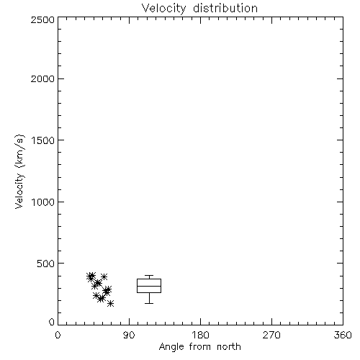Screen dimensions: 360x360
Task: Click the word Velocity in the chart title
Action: [163, 9]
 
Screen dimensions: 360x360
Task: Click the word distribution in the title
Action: [225, 8]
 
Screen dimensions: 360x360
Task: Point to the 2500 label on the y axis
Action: [42, 19]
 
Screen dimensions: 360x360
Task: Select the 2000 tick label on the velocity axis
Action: [42, 78]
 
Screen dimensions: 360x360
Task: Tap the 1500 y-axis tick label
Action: [43, 140]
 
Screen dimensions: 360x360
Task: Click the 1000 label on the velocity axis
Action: [43, 202]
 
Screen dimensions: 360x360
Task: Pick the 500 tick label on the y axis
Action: [46, 264]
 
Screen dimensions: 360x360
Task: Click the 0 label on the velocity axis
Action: [52, 322]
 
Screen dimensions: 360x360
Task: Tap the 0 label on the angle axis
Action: [58, 335]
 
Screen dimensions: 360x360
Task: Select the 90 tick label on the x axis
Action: [129, 335]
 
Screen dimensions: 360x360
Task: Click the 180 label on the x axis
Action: [200, 335]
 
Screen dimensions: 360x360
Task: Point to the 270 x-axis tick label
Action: [271, 335]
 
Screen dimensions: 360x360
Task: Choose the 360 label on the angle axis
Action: [343, 335]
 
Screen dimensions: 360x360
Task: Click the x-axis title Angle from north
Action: [200, 347]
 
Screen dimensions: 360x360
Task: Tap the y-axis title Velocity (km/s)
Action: [19, 171]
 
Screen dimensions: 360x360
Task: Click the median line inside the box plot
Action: [149, 286]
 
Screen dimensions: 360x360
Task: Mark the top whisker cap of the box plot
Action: [149, 276]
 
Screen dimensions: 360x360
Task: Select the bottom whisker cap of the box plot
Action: [149, 303]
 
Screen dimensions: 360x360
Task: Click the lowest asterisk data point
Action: [110, 304]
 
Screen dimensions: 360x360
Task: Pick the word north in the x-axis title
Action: [229, 346]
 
